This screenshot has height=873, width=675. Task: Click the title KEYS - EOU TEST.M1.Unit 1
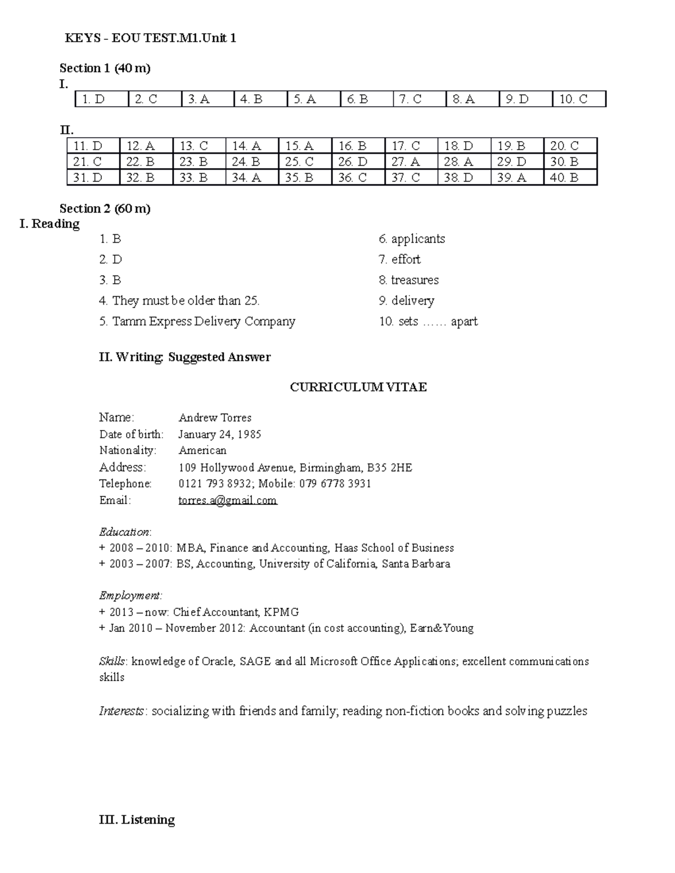point(150,38)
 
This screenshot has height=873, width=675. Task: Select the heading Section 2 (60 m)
point(105,209)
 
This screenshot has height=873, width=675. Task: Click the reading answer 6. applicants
point(412,239)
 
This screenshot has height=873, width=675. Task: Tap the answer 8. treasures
point(408,280)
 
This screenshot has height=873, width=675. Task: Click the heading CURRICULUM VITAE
point(358,387)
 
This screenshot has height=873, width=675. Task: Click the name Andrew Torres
point(215,418)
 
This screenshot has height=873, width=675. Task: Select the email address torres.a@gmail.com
point(228,500)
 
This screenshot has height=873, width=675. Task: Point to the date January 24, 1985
point(219,434)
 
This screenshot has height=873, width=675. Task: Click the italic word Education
point(124,532)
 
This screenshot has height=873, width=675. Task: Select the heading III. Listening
point(137,820)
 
